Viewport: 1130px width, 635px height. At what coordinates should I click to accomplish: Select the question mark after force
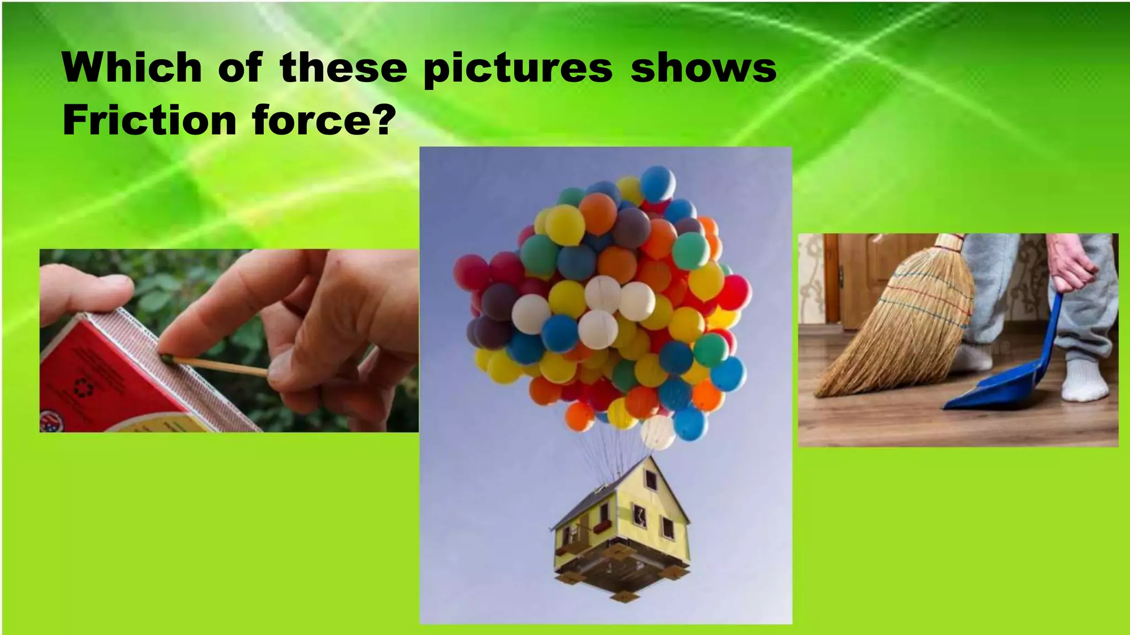[x=383, y=120]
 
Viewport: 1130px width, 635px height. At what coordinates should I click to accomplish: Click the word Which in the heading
[x=132, y=68]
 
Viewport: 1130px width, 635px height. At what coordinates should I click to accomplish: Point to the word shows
[x=703, y=68]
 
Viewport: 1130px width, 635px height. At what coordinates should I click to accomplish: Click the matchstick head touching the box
[x=167, y=358]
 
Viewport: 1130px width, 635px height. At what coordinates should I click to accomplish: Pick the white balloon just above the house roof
[x=658, y=432]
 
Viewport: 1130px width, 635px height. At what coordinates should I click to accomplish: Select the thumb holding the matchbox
[x=88, y=292]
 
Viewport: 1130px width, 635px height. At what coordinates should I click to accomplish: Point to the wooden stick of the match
[x=221, y=366]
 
